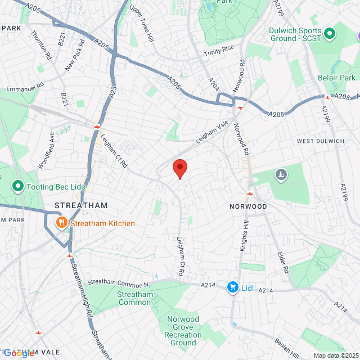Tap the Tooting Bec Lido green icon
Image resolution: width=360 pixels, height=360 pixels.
pos(17,186)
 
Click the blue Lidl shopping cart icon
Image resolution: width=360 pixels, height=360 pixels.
pos(232,288)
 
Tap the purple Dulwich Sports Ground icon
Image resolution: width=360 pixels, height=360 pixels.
pos(330,34)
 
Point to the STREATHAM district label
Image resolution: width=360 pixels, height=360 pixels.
pos(81,206)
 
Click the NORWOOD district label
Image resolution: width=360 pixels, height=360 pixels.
pos(248,206)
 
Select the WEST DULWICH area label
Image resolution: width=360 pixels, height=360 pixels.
pos(319,141)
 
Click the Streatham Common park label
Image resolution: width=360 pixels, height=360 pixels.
pos(134,298)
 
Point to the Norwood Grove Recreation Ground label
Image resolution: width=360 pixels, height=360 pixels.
pos(183,331)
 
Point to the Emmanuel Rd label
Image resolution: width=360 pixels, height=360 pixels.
pos(25,88)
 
